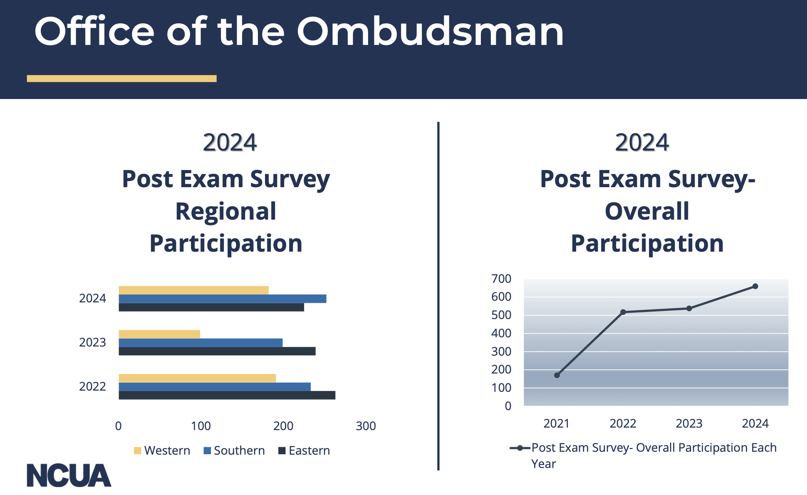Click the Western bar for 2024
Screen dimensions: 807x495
[x=193, y=290]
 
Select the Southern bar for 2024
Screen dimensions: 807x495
[x=223, y=299]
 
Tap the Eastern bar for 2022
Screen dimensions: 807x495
[x=227, y=395]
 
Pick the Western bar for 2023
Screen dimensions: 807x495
[x=159, y=334]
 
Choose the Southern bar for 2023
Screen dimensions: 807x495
[x=201, y=343]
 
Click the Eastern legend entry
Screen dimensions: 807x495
[x=304, y=450]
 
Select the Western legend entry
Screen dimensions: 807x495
[x=162, y=450]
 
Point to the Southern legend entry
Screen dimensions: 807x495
[x=234, y=450]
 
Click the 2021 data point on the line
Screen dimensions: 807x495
[x=557, y=375]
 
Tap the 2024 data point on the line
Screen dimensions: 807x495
[x=755, y=286]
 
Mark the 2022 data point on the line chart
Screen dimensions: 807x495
[x=623, y=312]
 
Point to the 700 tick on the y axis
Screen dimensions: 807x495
[x=501, y=279]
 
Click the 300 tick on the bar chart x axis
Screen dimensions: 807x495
[x=366, y=426]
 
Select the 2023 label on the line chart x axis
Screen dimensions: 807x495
[x=689, y=423]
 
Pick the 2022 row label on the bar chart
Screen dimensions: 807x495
[x=92, y=386]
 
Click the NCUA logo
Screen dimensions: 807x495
[x=69, y=475]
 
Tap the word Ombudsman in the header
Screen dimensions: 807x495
[x=430, y=32]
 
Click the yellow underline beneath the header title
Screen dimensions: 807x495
[x=122, y=79]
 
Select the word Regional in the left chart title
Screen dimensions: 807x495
[x=226, y=212]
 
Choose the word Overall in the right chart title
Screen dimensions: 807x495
[x=647, y=211]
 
